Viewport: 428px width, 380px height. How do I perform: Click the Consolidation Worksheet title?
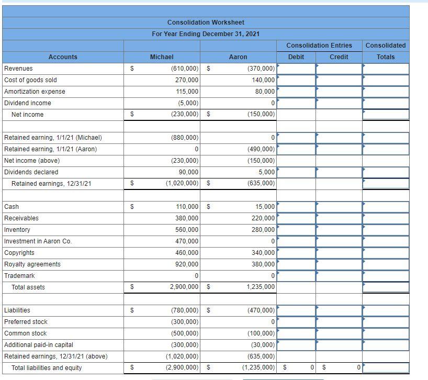206,23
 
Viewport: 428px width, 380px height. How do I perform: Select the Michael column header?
162,57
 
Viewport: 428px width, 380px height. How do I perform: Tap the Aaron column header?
238,57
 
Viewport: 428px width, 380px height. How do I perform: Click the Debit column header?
296,57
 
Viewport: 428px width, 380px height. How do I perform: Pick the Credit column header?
339,57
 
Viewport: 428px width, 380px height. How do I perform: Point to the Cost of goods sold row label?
30,80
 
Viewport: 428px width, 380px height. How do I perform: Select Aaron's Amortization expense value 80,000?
265,92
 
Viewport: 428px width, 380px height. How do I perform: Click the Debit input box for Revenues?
296,69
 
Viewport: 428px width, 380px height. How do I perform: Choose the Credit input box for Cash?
339,207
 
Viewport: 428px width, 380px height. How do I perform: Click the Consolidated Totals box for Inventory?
386,230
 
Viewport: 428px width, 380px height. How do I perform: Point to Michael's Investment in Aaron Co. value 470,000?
187,241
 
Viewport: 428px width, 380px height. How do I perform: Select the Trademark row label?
19,276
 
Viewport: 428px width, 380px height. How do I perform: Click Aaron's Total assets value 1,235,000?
261,287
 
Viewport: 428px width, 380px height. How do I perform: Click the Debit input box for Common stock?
296,333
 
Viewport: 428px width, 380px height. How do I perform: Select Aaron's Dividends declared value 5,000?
267,172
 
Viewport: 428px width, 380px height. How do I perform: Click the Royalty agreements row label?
32,264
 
